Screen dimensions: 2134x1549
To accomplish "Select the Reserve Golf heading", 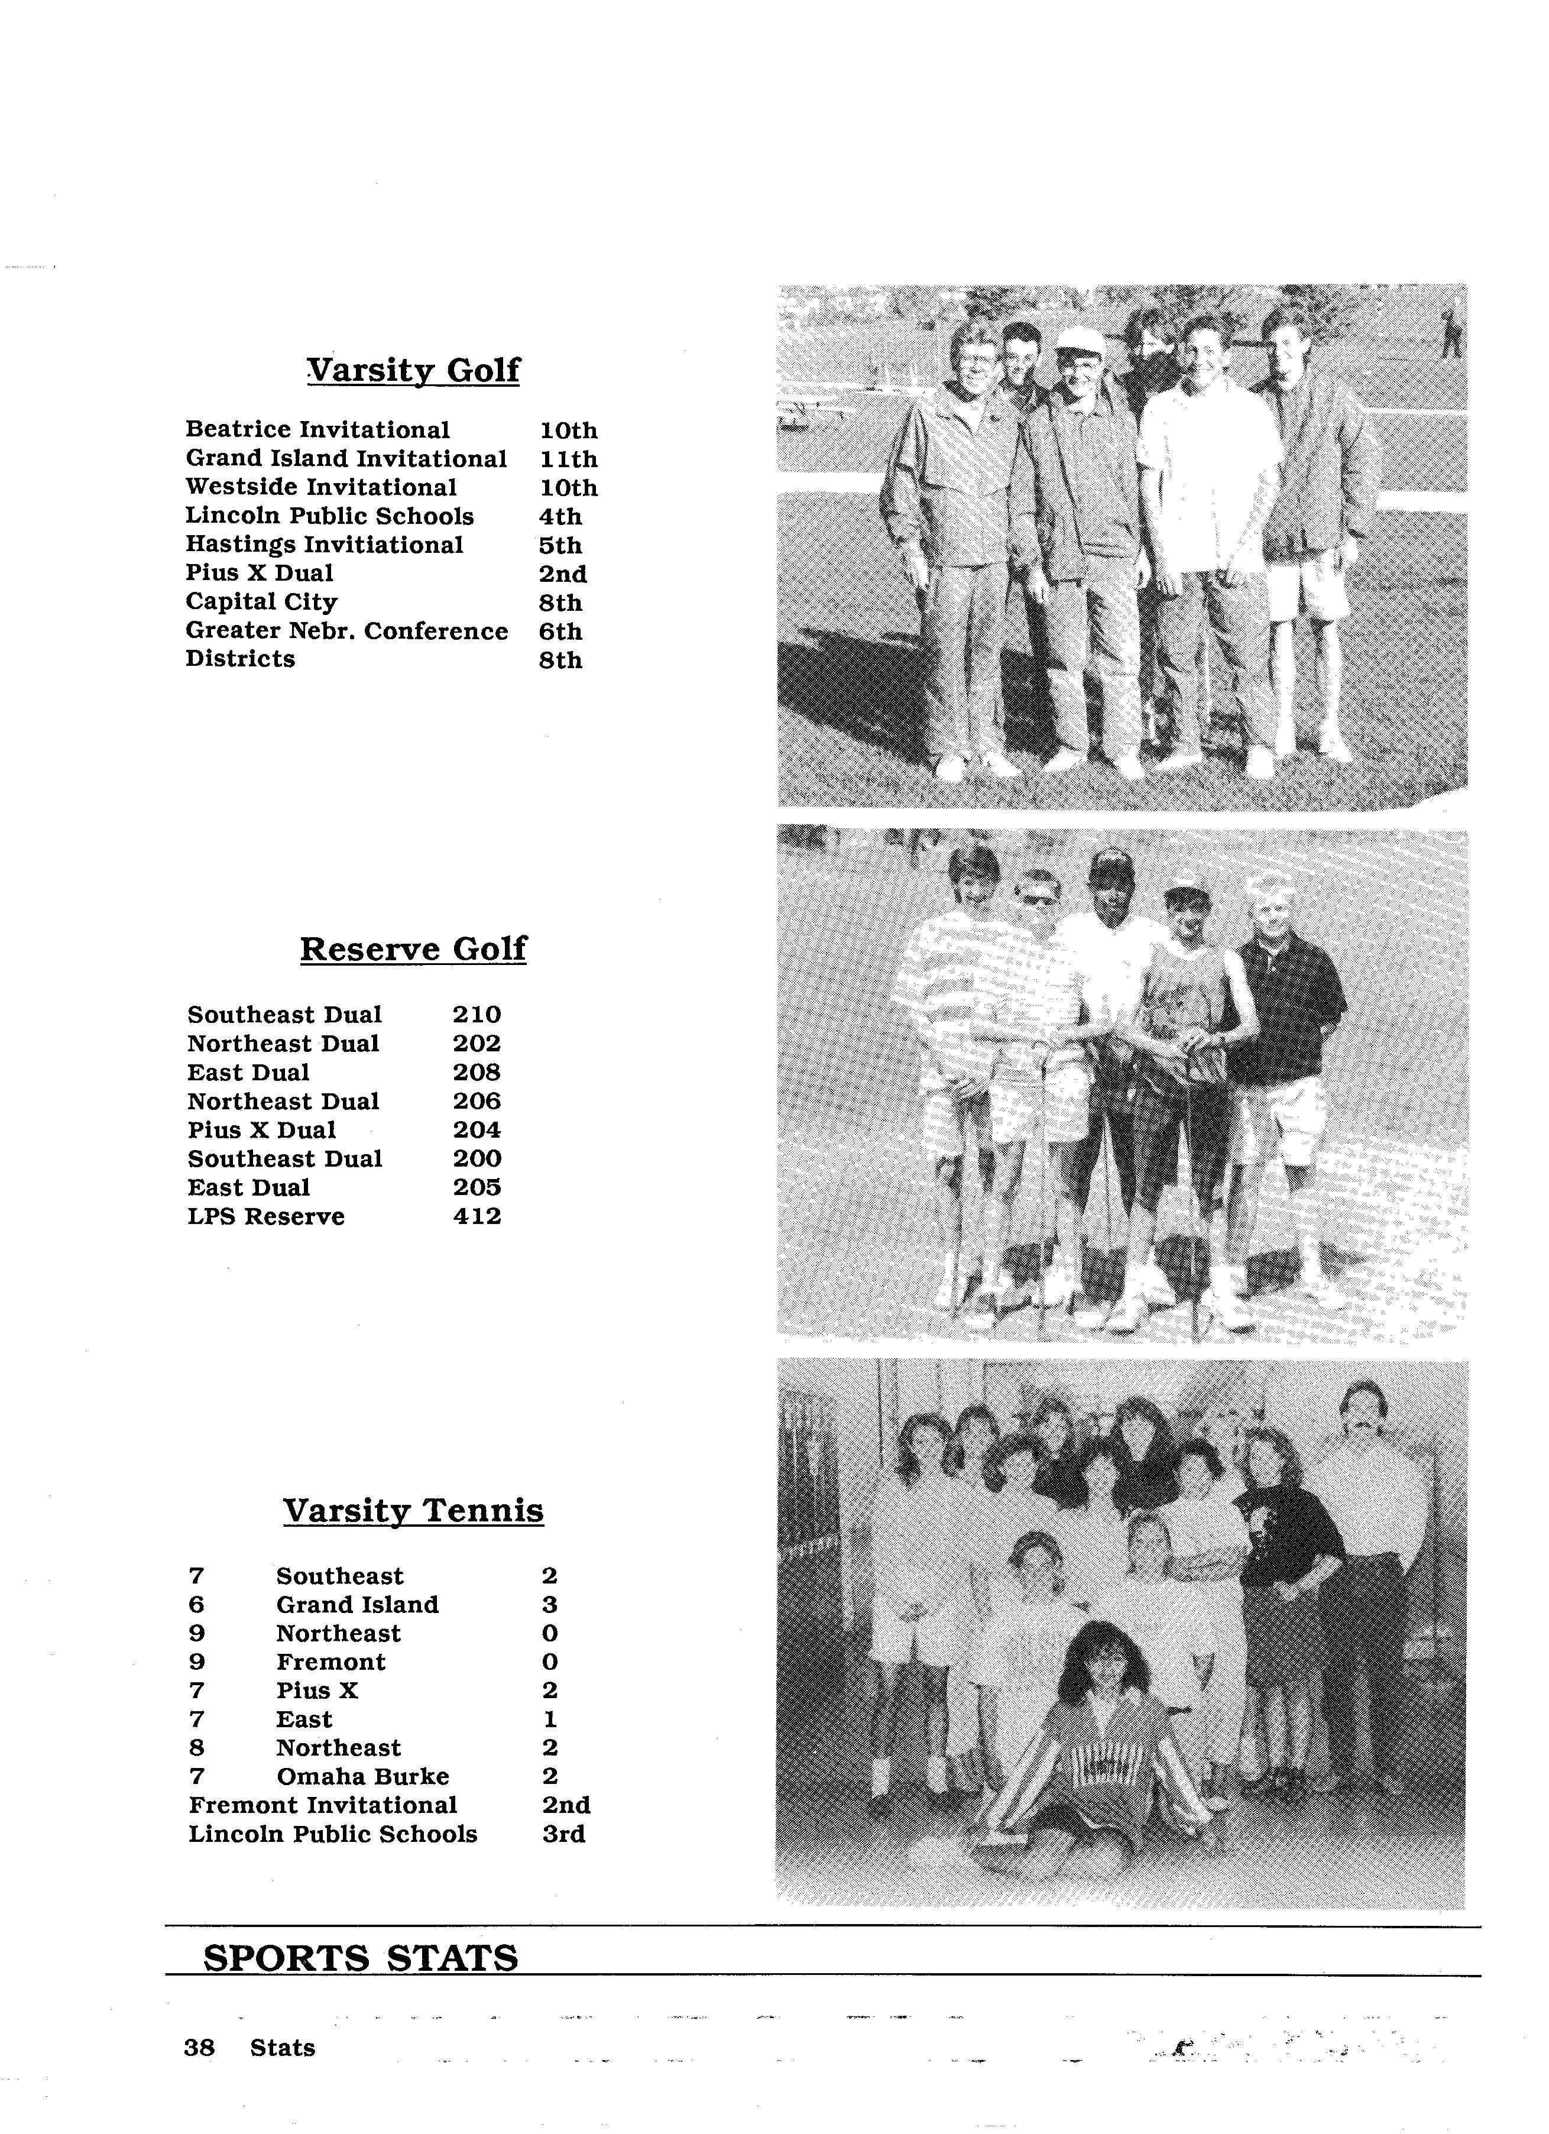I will tap(413, 948).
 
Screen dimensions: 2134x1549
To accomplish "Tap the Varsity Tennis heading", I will tap(413, 1511).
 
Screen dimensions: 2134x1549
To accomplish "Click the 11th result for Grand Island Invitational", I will tap(568, 459).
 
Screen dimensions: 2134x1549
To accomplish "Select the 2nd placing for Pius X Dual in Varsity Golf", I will tap(563, 574).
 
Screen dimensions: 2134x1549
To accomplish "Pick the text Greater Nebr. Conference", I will tap(346, 632).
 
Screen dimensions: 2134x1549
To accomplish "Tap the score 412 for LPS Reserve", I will tap(477, 1217).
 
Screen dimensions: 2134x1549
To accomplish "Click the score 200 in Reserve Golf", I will tap(477, 1159).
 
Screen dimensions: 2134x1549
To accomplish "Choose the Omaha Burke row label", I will tap(362, 1776).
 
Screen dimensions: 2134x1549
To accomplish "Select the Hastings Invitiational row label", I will tap(324, 546).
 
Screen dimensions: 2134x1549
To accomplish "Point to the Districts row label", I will tap(240, 659).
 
